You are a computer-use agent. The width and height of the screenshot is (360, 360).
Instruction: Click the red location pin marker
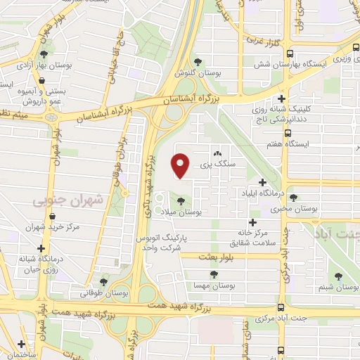point(181,165)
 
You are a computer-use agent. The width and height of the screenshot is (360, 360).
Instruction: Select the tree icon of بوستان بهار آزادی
point(44,54)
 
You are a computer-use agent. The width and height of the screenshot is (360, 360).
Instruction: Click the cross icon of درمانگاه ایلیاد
point(263,181)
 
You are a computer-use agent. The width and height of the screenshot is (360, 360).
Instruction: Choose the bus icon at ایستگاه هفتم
point(288,132)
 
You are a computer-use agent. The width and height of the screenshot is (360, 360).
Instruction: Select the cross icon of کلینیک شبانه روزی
point(282,99)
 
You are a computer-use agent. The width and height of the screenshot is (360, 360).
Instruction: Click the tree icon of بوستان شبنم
point(340,276)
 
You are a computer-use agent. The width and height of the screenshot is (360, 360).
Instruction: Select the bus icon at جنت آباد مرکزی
point(281,307)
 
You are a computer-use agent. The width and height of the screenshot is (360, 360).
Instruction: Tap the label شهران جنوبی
point(67,201)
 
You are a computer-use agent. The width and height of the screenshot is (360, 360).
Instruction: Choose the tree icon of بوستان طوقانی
point(104,283)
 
